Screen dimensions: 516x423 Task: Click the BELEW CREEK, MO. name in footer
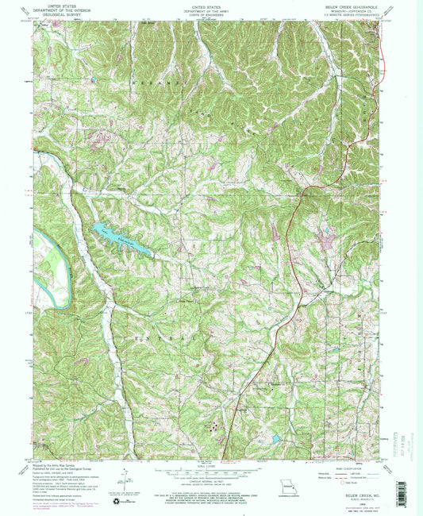point(349,492)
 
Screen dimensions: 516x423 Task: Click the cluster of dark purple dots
point(214,426)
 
